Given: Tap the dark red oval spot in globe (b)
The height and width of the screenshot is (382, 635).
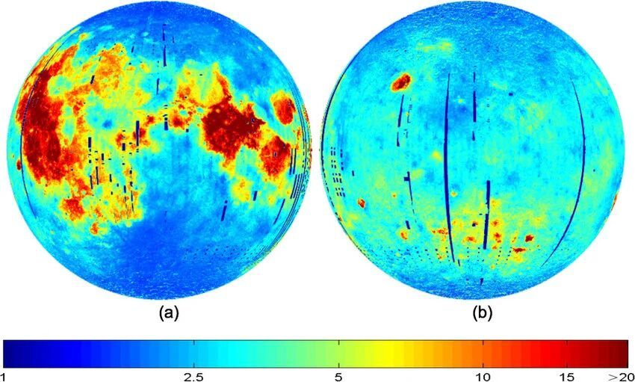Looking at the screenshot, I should click(401, 81).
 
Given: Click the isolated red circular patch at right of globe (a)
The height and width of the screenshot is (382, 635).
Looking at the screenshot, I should click(284, 108).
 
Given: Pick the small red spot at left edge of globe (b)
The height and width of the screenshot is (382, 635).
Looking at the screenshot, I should click(362, 203).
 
